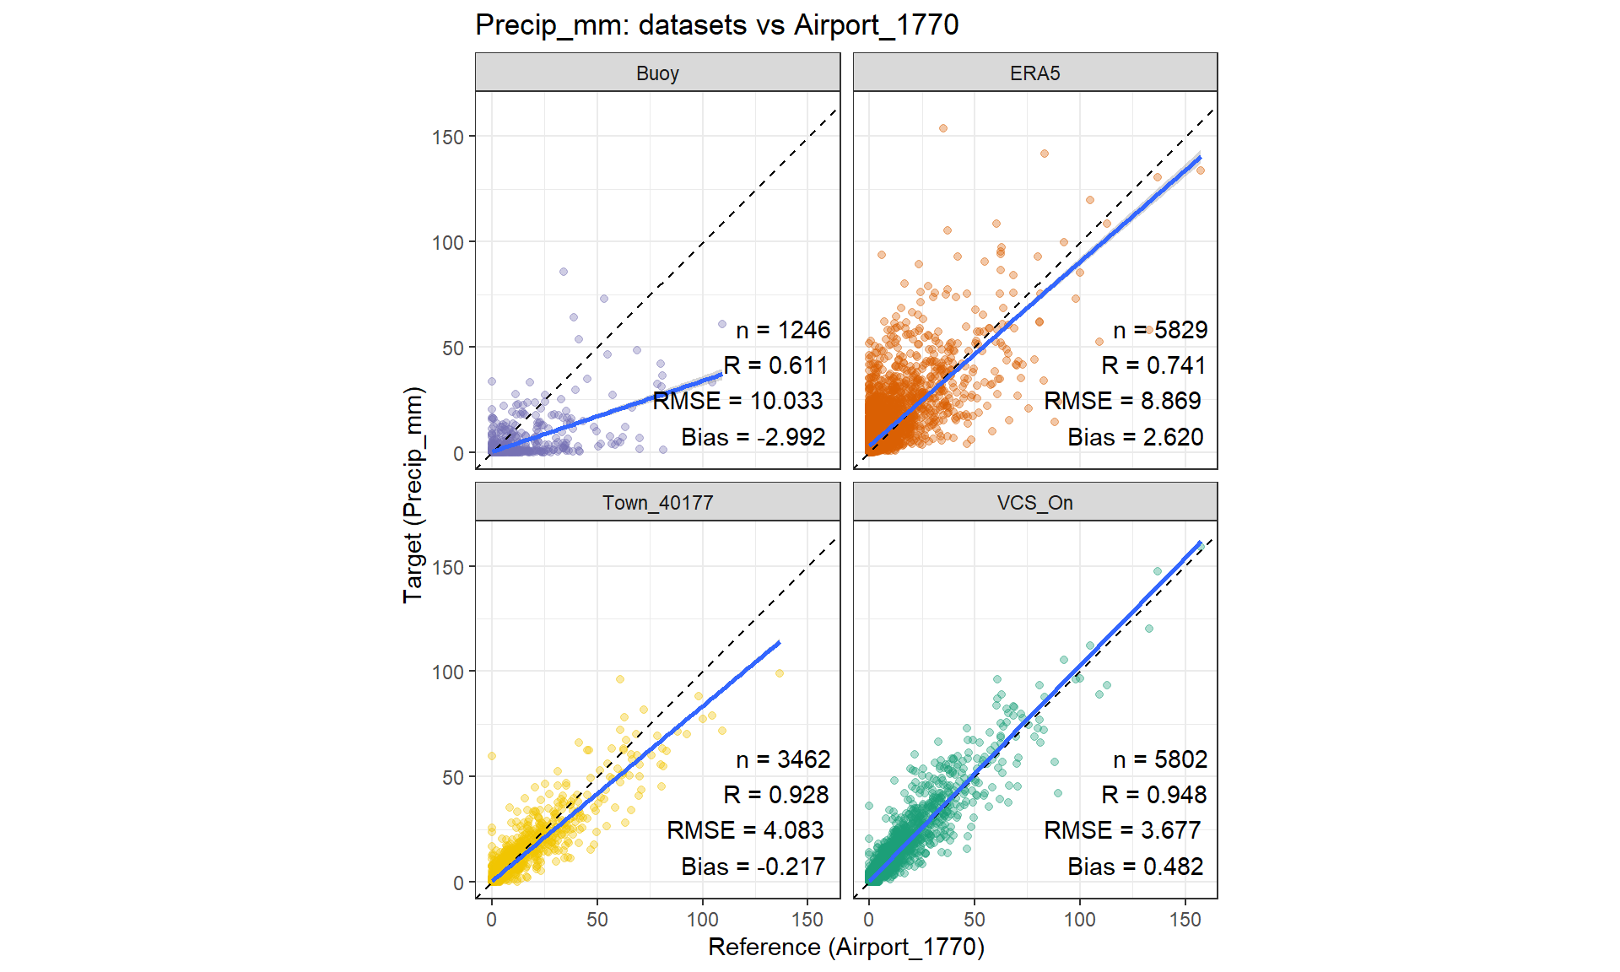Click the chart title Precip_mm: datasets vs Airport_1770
click(x=716, y=25)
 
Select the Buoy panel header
click(x=657, y=73)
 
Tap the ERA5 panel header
click(x=1034, y=73)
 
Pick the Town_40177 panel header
click(x=657, y=503)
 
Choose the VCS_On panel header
click(x=1034, y=503)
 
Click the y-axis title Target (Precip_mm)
click(x=413, y=494)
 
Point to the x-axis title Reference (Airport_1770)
click(x=845, y=948)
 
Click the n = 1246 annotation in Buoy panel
click(x=783, y=330)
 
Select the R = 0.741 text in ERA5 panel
click(x=1153, y=365)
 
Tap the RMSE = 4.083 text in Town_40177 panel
click(x=745, y=830)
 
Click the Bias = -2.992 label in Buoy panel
click(x=753, y=437)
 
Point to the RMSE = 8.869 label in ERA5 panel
click(x=1122, y=401)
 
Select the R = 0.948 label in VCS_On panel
click(x=1153, y=795)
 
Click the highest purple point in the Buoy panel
click(x=564, y=272)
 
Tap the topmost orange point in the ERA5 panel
click(x=943, y=128)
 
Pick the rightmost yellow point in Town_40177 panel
click(x=780, y=673)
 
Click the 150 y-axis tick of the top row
click(x=448, y=137)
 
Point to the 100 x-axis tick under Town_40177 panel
click(x=702, y=920)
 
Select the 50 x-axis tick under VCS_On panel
click(x=975, y=920)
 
